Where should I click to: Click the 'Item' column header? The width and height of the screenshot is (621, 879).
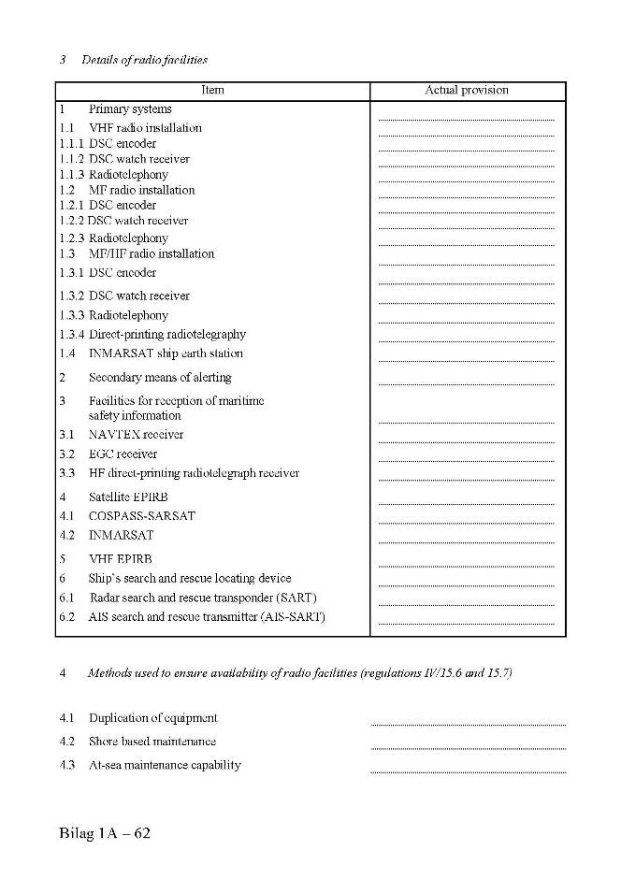coord(212,91)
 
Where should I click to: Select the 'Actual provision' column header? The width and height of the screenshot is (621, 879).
coord(467,91)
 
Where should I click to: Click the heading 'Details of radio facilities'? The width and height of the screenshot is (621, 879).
coord(144,60)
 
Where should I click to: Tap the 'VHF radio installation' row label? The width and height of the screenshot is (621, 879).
coord(145,127)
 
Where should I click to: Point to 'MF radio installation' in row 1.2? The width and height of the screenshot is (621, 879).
coord(142,190)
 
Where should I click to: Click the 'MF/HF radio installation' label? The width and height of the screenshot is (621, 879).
coord(152,253)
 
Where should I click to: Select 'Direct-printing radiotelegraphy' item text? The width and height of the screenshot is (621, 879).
coord(167,334)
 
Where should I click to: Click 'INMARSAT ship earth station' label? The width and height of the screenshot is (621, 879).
coord(166,353)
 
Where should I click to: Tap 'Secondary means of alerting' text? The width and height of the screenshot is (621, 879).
coord(160,378)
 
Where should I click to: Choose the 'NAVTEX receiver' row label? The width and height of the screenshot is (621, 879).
coord(136,435)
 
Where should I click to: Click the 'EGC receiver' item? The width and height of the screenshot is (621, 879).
coord(123,454)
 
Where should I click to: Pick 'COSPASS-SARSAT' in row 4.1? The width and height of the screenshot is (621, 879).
coord(142,516)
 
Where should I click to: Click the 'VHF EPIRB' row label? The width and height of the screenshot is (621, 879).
coord(121,559)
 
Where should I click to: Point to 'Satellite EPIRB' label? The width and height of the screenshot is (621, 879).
coord(128,497)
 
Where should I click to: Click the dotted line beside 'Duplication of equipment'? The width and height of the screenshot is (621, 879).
coord(468,724)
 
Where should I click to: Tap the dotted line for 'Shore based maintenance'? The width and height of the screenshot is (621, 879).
coord(468,747)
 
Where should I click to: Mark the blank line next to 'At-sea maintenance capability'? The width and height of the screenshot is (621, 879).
coord(468,771)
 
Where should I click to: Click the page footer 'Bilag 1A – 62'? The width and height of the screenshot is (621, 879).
coord(104,833)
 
